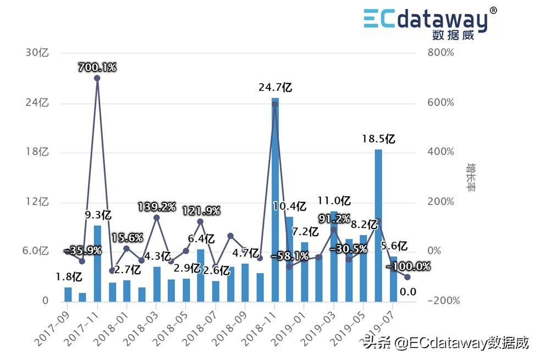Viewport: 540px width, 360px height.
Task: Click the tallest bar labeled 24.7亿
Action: tap(275, 198)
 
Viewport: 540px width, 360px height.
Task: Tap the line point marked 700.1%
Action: tap(97, 78)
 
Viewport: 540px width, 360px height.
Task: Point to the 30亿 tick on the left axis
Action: tap(37, 53)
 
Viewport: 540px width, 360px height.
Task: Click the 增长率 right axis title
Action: tap(471, 176)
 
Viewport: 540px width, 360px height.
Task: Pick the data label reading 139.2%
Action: tap(157, 207)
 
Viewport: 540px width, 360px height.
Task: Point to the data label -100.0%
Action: tap(408, 267)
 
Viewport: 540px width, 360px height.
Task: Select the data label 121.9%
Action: tap(201, 211)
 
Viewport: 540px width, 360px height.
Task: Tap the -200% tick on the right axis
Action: tap(440, 301)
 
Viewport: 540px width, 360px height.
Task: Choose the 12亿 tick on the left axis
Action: tap(37, 202)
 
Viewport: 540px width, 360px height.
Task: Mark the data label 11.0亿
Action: tap(334, 201)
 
